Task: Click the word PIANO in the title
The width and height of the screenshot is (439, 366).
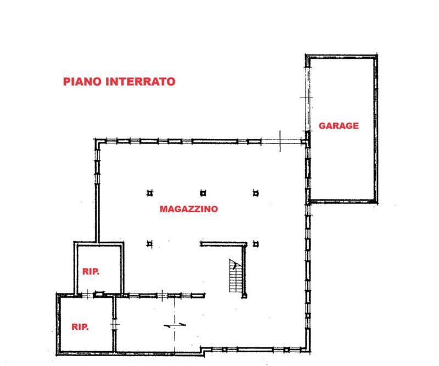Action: [81, 82]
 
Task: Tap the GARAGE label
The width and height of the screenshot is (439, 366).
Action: [339, 126]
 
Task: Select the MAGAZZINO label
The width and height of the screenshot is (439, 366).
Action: [189, 209]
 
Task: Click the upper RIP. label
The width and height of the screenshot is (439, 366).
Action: [91, 271]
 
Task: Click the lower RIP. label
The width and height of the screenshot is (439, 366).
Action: [80, 326]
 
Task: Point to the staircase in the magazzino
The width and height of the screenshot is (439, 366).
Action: [234, 276]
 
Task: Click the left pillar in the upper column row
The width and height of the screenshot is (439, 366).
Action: [149, 193]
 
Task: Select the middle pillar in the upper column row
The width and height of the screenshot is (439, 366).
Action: [202, 193]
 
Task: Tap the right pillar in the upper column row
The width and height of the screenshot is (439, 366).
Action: [255, 193]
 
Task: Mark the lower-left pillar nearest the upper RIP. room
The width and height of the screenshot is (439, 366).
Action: [149, 243]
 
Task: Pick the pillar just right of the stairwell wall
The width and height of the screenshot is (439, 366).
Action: [255, 243]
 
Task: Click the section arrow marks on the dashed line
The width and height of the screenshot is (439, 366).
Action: [175, 325]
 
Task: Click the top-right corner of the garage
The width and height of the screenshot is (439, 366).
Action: [376, 56]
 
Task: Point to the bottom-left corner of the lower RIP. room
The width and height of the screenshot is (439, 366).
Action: [59, 352]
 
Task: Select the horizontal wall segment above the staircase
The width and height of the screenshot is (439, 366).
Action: [223, 243]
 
